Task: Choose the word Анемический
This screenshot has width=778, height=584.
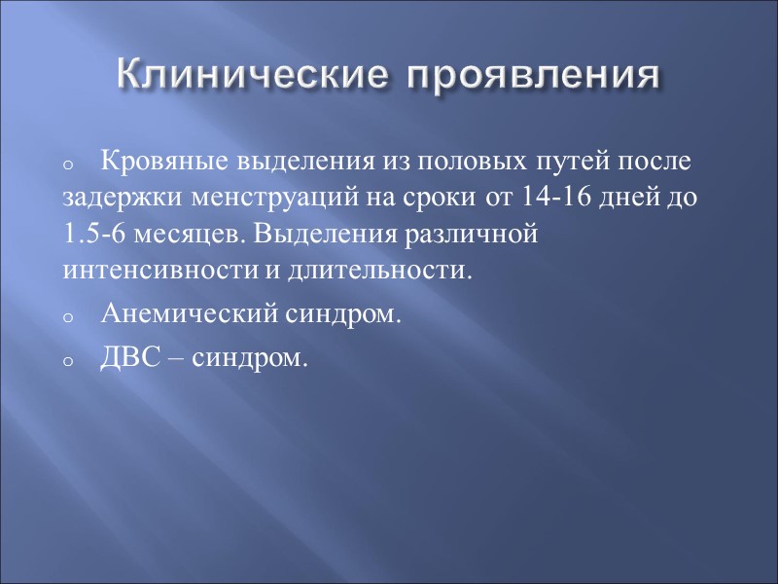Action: click(186, 315)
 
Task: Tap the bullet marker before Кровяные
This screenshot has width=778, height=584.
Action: click(67, 164)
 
